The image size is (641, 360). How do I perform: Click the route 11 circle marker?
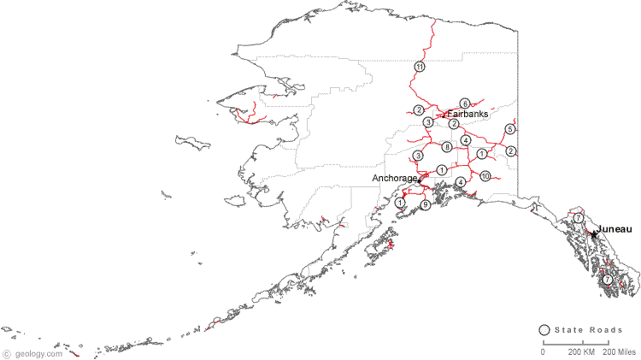(420, 67)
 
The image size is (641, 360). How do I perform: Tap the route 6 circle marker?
(465, 103)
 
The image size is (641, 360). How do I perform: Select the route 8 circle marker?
(447, 147)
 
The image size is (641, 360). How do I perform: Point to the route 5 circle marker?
(510, 129)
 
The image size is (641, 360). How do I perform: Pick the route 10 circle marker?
(485, 176)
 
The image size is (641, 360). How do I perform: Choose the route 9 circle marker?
(425, 205)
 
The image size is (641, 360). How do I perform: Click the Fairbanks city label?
(468, 114)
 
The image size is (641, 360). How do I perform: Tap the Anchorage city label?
(395, 178)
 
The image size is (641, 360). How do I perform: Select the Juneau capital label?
(615, 229)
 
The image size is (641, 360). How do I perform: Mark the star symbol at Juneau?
(593, 233)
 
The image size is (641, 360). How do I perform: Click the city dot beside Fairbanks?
(444, 115)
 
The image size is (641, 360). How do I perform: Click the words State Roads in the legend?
(585, 331)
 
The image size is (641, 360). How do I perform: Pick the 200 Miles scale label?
(620, 352)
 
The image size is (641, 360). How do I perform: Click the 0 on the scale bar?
(542, 352)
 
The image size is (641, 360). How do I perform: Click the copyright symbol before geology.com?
(7, 353)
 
